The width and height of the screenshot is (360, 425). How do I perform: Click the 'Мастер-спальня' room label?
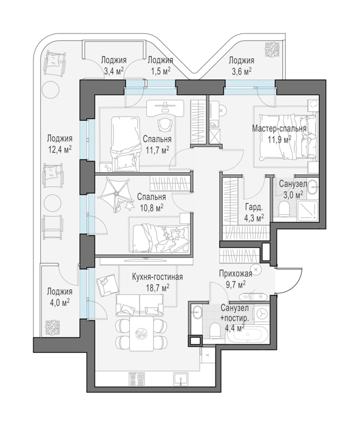pyautogui.click(x=279, y=128)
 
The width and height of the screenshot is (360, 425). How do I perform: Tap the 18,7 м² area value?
pyautogui.click(x=157, y=287)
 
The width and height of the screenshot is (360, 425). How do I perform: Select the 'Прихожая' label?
pyautogui.click(x=236, y=273)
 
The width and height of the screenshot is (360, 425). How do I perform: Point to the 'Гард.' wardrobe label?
pyautogui.click(x=254, y=208)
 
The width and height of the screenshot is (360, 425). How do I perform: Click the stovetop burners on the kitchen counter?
pyautogui.click(x=137, y=379)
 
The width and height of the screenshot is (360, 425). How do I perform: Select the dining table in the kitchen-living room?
pyautogui.click(x=141, y=333)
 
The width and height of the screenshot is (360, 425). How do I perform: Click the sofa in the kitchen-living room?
pyautogui.click(x=140, y=305)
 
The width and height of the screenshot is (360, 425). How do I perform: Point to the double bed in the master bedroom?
pyautogui.click(x=288, y=137)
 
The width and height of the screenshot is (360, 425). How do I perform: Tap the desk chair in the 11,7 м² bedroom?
pyautogui.click(x=165, y=124)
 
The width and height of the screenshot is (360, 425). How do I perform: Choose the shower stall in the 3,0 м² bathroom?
pyautogui.click(x=307, y=211)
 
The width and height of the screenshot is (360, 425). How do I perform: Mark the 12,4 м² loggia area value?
pyautogui.click(x=60, y=149)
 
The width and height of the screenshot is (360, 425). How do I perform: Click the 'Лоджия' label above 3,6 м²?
pyautogui.click(x=242, y=60)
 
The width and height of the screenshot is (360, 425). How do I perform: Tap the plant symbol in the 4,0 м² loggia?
pyautogui.click(x=52, y=327)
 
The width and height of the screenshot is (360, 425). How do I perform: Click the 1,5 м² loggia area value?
pyautogui.click(x=160, y=71)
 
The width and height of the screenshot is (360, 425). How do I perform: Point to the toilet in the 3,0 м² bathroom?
pyautogui.click(x=284, y=209)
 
